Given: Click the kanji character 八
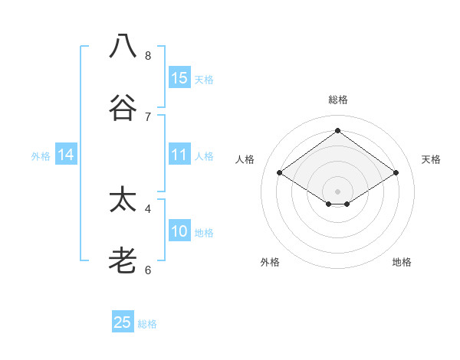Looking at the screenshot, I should point(123,46).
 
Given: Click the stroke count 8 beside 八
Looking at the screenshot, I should point(148,55).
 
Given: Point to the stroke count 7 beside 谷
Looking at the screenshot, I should point(148,116).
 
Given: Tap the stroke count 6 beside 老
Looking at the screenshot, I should point(148,270).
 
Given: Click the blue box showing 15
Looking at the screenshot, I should point(179,77).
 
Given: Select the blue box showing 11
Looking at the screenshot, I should point(179,155).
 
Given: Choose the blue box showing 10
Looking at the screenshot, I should point(179,231).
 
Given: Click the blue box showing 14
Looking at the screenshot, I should point(66,155).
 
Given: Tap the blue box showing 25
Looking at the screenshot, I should point(123,322).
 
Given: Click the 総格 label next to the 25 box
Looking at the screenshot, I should point(147,324).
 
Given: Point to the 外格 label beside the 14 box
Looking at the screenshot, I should point(41,156).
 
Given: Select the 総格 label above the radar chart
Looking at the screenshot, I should point(338,100).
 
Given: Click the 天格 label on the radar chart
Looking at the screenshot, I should point(431,159).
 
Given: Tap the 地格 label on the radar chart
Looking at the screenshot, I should point(402,262).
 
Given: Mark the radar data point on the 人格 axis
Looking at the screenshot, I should point(280,173).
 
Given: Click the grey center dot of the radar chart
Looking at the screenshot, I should point(338,191).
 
